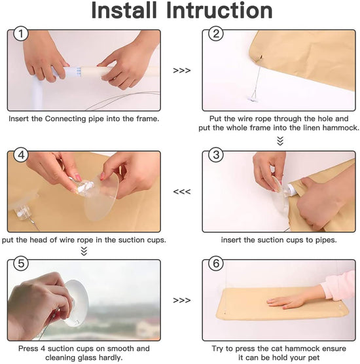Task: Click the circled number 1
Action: [21, 33]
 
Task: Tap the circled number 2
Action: [216, 33]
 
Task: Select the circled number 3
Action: [216, 155]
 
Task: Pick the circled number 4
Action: [21, 155]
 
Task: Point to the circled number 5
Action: [21, 263]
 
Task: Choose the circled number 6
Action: [216, 263]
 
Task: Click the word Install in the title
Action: [124, 10]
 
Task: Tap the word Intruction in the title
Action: [219, 10]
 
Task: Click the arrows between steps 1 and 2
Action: [182, 70]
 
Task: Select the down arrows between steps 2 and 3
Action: [280, 141]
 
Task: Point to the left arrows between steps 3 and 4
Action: [182, 192]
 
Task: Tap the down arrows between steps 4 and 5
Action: [84, 251]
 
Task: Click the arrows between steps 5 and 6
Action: [182, 300]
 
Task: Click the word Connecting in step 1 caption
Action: [65, 119]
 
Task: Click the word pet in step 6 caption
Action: [314, 357]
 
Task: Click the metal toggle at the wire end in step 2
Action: [253, 100]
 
